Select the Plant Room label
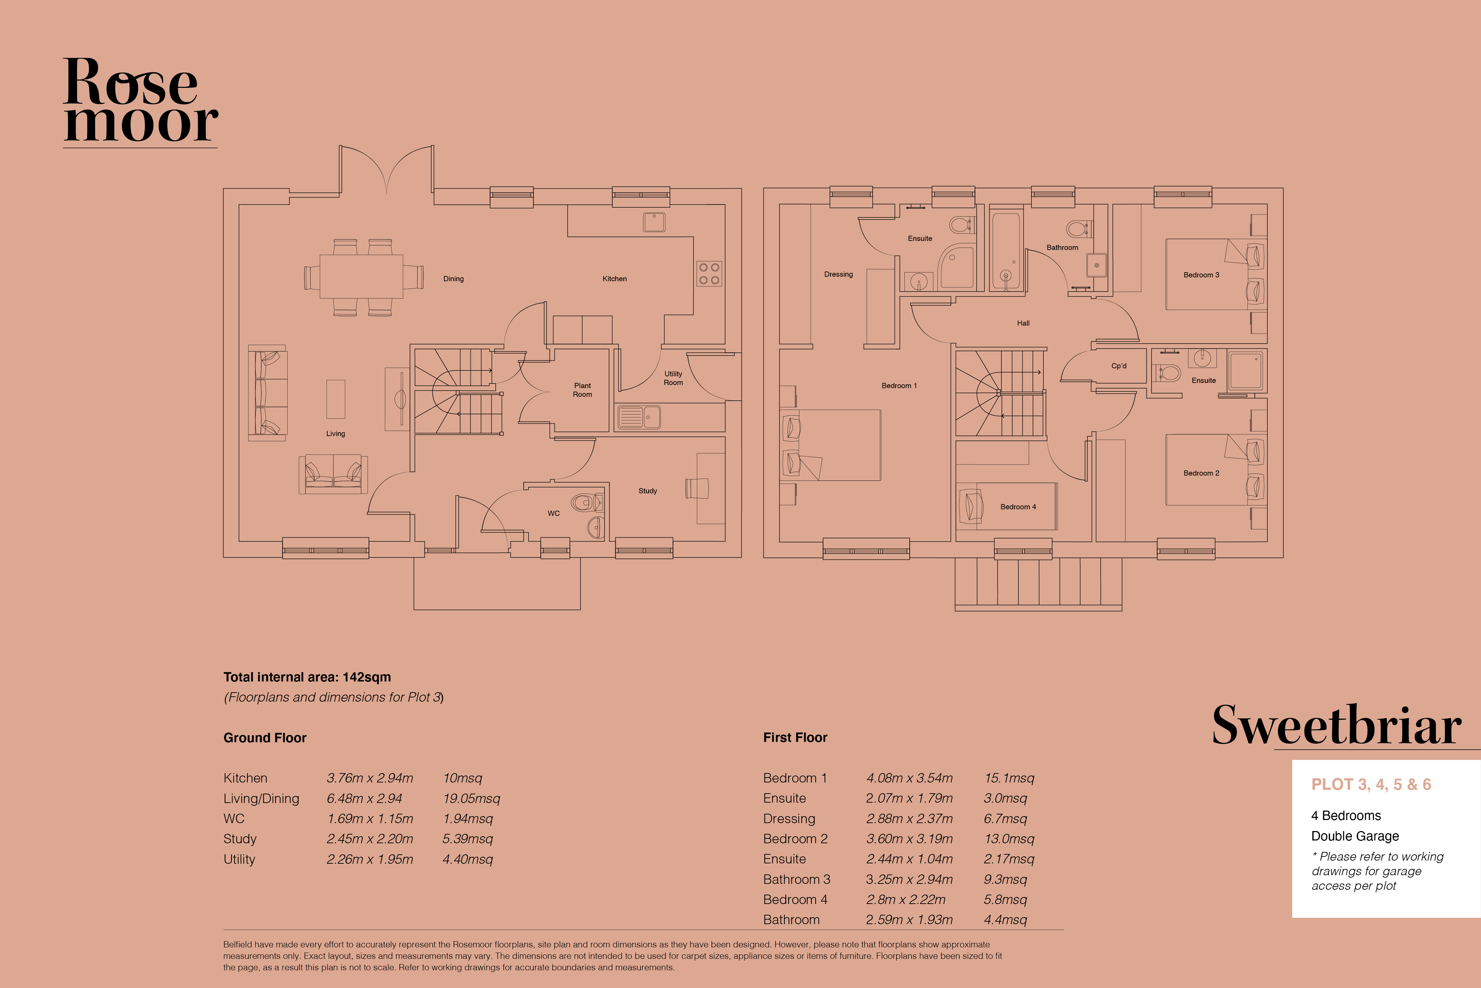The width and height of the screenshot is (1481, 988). (582, 390)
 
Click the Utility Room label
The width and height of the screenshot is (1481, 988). (673, 378)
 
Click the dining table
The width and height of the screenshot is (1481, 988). (361, 276)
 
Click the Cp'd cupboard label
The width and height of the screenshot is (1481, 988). (1119, 366)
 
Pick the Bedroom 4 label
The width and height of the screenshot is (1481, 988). (1018, 506)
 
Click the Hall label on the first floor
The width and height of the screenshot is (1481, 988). (1023, 323)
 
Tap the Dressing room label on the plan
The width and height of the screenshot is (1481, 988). (839, 274)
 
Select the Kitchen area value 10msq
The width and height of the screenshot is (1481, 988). (462, 778)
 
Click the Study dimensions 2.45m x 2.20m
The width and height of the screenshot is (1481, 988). (370, 839)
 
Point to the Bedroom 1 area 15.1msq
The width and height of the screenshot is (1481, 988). (1009, 778)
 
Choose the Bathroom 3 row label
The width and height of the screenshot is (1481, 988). (796, 879)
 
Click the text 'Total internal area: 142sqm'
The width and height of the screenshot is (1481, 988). (307, 677)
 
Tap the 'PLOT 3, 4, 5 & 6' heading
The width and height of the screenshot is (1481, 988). (1371, 785)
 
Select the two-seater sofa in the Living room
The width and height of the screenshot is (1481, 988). (333, 474)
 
